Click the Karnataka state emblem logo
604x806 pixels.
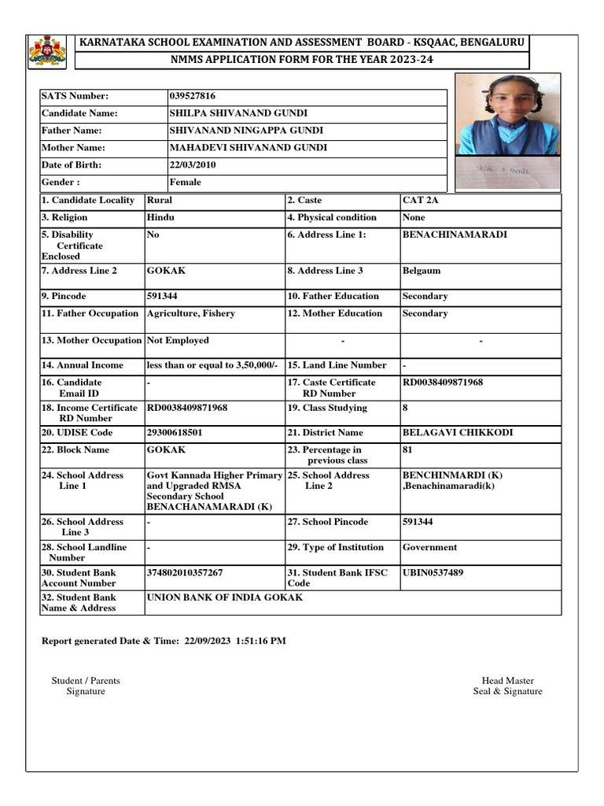click(48, 51)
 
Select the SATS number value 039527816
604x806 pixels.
click(193, 96)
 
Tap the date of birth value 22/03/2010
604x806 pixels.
click(193, 165)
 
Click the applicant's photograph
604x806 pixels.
click(508, 131)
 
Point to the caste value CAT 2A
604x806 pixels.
click(421, 201)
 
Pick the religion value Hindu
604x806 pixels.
click(160, 218)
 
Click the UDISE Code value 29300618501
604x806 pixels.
click(174, 433)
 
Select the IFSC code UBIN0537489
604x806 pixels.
click(433, 573)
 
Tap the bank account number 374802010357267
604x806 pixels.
click(185, 573)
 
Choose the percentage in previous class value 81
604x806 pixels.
click(407, 450)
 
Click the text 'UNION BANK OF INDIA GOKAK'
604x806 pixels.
click(224, 598)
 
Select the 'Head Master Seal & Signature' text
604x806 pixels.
click(507, 686)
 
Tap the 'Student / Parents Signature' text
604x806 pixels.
click(86, 686)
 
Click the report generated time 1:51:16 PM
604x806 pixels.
click(260, 641)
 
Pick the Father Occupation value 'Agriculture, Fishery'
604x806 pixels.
click(190, 314)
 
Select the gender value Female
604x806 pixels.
click(186, 183)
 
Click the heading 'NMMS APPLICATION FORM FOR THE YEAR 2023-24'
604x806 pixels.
click(301, 60)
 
